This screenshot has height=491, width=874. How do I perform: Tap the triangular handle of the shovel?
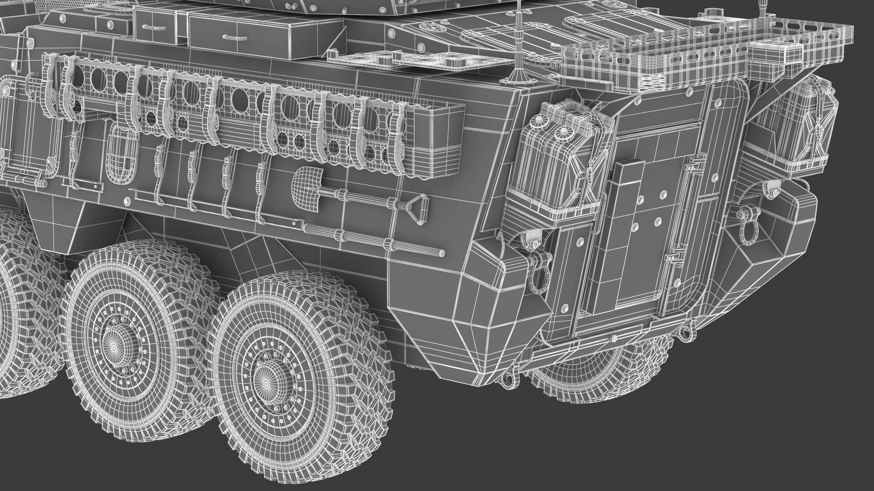point(418,208)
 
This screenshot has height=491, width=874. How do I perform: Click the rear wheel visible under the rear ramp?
point(601,373)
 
